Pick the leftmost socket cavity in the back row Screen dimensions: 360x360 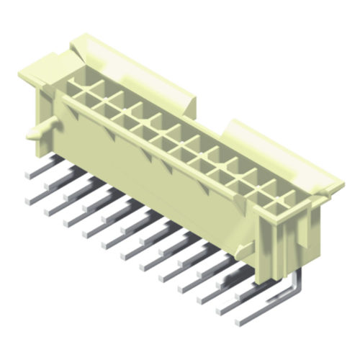coord(77,85)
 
